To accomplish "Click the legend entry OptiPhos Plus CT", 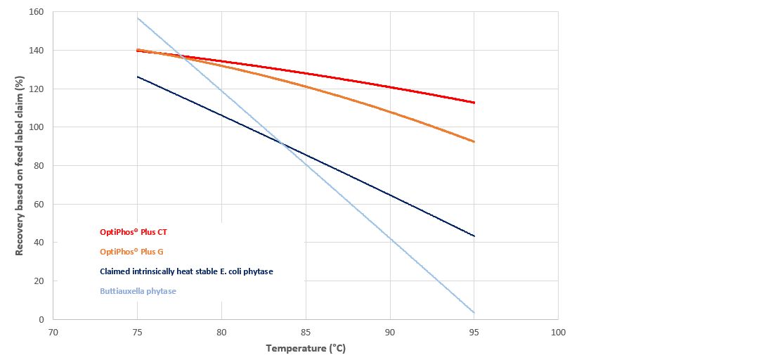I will [134, 231].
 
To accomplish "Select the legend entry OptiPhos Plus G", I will [132, 251].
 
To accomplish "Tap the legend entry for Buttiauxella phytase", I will [138, 290].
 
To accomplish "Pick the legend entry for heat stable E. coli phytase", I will [186, 271].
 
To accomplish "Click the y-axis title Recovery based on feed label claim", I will [20, 166].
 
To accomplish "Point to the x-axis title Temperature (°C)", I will [306, 348].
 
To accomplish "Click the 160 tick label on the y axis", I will [35, 12].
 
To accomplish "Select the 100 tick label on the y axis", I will [35, 127].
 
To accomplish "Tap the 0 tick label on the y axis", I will [41, 320].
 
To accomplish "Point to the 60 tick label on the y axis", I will [38, 205].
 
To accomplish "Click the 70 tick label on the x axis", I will [53, 332].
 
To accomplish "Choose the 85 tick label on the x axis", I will [306, 332].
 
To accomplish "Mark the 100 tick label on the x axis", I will [558, 332].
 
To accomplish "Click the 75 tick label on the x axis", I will [137, 332].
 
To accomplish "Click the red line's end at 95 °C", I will [474, 103].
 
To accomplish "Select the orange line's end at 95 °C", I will [474, 142].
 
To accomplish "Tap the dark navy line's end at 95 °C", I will [474, 236].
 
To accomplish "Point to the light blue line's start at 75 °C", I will [138, 18].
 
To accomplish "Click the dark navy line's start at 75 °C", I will [138, 77].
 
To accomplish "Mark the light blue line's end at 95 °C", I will [474, 313].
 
